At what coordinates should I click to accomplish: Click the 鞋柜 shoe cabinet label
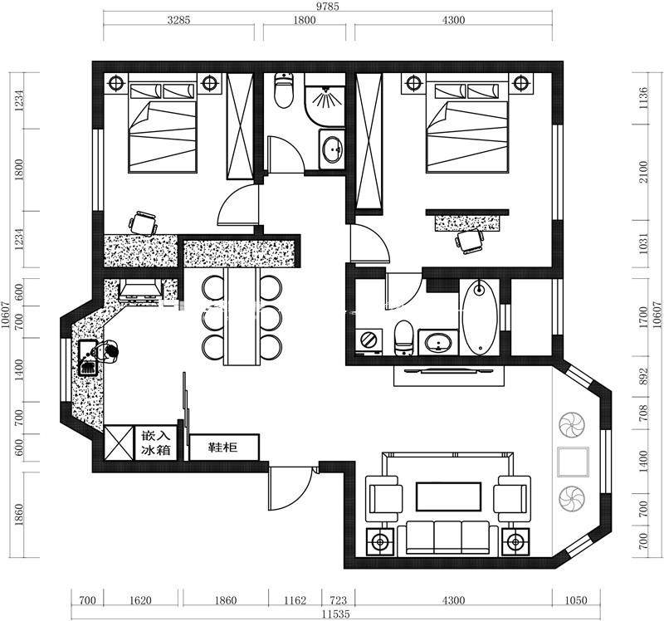(x=222, y=447)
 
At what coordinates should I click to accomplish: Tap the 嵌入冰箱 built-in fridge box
(x=155, y=443)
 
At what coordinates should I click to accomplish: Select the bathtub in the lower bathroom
(x=480, y=317)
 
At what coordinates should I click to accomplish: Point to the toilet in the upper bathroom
(x=284, y=90)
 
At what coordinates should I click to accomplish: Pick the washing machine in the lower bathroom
(x=369, y=340)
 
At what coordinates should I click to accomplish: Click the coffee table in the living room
(x=448, y=497)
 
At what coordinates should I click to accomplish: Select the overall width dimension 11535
(x=335, y=614)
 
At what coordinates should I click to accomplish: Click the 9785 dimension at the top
(x=328, y=7)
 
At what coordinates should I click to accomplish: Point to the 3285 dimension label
(x=178, y=20)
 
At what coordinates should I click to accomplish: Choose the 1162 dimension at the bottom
(x=295, y=600)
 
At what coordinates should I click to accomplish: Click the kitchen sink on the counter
(x=89, y=358)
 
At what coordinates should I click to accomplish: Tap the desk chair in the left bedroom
(x=143, y=222)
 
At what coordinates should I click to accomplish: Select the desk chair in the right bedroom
(x=469, y=241)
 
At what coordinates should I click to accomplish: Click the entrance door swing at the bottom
(x=290, y=488)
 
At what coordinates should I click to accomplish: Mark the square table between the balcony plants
(x=573, y=462)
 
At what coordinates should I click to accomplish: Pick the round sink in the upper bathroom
(x=333, y=149)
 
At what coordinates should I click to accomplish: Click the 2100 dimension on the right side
(x=644, y=172)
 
